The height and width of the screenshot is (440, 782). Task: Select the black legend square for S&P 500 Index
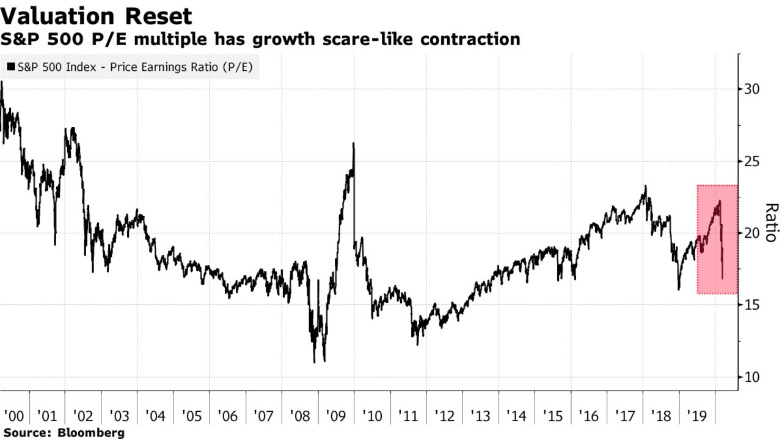pos(11,67)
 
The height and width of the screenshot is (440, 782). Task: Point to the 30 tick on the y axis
pos(751,89)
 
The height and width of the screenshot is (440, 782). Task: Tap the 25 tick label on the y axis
pos(751,161)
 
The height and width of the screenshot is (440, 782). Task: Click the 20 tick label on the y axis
pos(751,233)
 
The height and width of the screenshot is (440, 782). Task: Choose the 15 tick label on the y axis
pos(751,305)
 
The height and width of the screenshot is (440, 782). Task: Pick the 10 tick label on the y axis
pos(751,377)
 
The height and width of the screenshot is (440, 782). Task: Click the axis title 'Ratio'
pos(772,222)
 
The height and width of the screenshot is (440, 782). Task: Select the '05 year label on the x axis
pos(191,416)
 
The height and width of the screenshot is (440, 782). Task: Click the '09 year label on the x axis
pos(336,416)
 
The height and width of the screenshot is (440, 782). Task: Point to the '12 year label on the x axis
pos(444,416)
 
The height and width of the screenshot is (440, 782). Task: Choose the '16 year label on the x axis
pos(589,416)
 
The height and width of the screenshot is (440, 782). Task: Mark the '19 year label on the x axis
pos(697,416)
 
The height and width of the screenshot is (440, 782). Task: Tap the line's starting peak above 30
pos(2,82)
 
